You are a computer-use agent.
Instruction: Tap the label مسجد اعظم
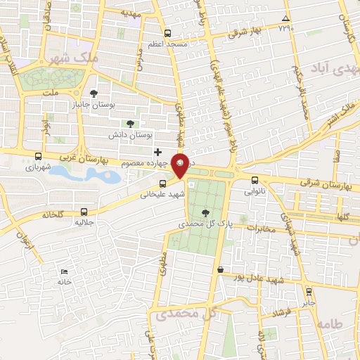click(167, 44)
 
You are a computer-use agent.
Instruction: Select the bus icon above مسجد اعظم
click(167, 33)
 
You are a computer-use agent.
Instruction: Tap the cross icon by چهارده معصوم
click(157, 152)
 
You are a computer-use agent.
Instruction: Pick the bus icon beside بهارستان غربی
click(38, 157)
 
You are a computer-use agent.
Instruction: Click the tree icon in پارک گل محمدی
click(205, 213)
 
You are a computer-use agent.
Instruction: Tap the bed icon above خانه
click(65, 271)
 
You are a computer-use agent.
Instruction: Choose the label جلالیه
click(84, 221)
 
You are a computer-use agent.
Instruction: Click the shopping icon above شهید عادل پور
click(221, 269)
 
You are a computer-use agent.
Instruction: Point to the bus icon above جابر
click(308, 290)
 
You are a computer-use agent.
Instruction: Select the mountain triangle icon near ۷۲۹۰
click(285, 19)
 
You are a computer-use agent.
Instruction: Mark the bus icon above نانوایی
click(255, 179)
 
